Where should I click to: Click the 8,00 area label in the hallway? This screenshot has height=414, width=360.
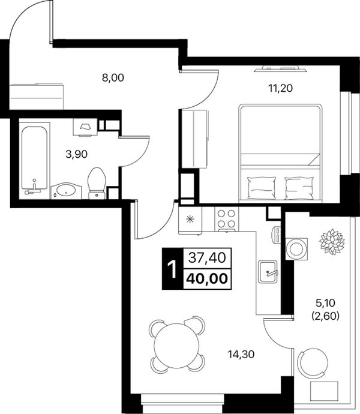pos(113,78)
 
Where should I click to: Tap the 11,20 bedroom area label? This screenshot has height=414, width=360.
pos(280,88)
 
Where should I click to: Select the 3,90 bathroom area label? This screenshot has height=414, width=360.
pos(77,154)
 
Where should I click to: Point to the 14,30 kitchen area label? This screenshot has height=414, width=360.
pos(241,355)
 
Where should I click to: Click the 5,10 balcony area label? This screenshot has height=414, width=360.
pos(325,303)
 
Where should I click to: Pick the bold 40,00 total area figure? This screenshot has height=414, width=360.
pos(207,278)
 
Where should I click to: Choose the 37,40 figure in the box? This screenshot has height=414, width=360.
pos(208,257)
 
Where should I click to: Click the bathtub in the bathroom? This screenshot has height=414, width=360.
pos(34,158)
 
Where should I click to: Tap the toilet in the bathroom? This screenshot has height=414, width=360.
pos(97,183)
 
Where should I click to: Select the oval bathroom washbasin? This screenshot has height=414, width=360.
pos(66,191)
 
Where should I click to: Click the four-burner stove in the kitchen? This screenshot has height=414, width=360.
pos(227,219)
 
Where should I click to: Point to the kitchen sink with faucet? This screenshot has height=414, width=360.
pos(268,271)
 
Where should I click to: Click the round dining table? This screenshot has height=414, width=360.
pos(176,346)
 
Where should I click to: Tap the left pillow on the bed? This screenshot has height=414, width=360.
pos(262,188)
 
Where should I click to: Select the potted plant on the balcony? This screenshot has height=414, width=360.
pos(332,242)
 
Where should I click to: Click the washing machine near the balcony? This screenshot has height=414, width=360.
pos(296,249)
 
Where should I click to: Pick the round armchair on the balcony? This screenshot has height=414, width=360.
pos(313,364)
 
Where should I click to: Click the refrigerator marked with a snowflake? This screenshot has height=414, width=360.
pos(190,220)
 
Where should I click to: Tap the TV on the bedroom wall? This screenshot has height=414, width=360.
pos(281,69)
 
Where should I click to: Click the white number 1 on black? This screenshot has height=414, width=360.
pos(172,269)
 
